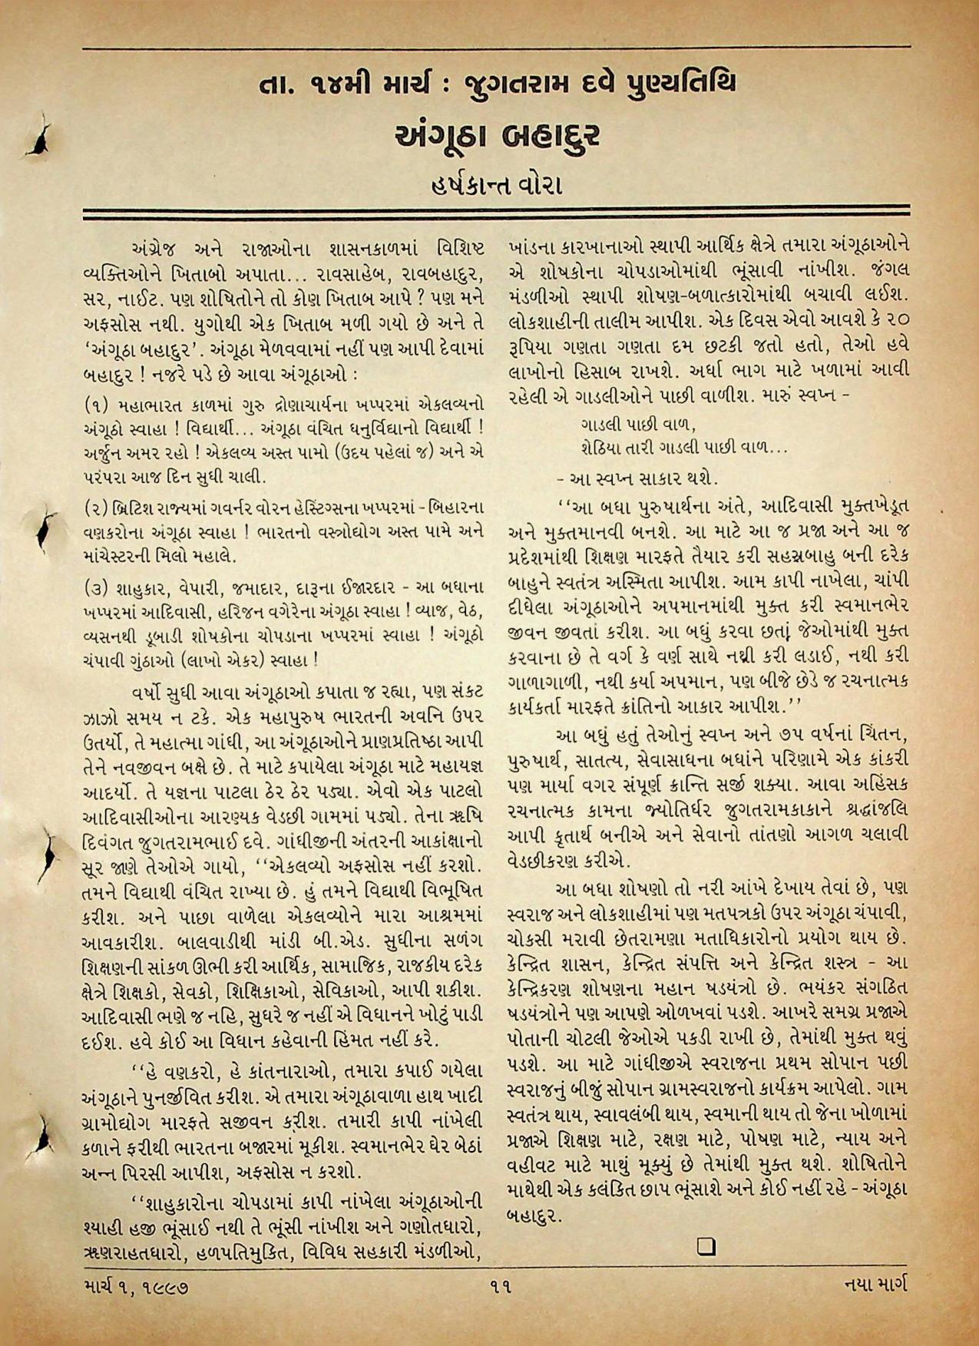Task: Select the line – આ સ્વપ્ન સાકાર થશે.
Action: point(638,479)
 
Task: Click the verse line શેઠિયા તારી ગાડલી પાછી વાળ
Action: point(683,446)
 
